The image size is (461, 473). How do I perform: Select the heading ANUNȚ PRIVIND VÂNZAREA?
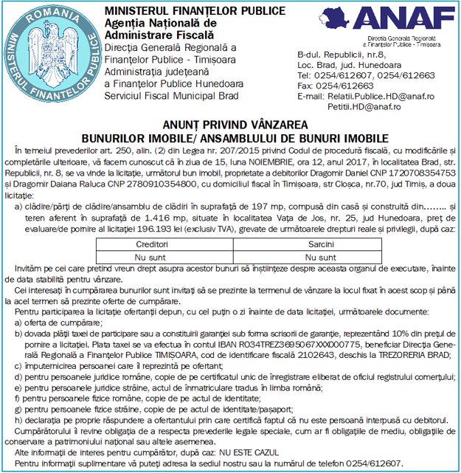[x=231, y=125]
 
